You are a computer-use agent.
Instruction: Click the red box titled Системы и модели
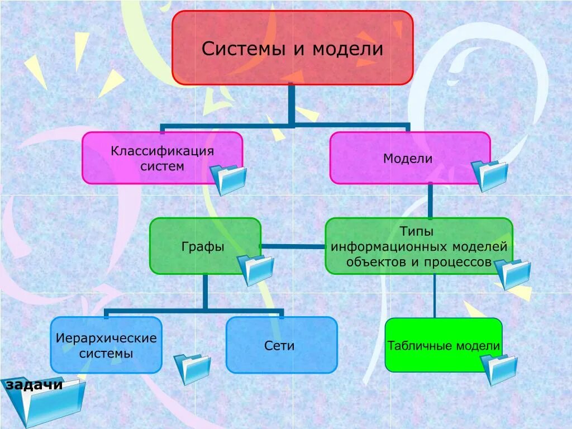[292, 48]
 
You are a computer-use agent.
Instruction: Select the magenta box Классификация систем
[162, 158]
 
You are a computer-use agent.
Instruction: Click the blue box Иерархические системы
[106, 345]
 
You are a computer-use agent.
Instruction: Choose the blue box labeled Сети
[282, 345]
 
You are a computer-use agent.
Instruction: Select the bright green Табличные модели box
[443, 345]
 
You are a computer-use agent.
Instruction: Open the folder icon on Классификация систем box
[228, 179]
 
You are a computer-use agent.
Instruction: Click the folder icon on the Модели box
[490, 175]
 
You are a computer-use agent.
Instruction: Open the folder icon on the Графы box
[256, 270]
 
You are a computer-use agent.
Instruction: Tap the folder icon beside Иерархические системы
[192, 369]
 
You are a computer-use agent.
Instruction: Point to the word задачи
[34, 385]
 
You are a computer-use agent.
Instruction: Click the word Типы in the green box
[417, 231]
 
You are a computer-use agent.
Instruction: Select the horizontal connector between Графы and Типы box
[293, 246]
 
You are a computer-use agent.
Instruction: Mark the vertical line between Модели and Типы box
[430, 201]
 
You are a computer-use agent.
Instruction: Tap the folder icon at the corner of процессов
[513, 274]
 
